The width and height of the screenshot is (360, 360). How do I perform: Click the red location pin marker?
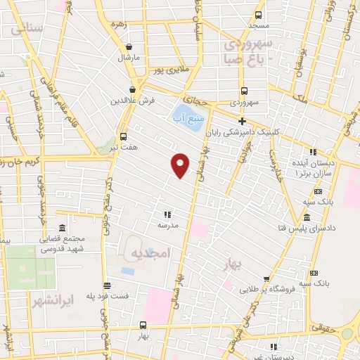pyautogui.click(x=181, y=165)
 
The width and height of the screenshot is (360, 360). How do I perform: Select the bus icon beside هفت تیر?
pyautogui.click(x=124, y=136)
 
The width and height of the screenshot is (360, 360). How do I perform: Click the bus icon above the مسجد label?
pyautogui.click(x=258, y=14)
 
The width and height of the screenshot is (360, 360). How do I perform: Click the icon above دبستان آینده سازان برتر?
pyautogui.click(x=314, y=152)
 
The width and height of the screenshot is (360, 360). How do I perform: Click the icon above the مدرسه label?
pyautogui.click(x=167, y=214)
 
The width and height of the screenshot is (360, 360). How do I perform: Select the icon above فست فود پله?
pyautogui.click(x=106, y=285)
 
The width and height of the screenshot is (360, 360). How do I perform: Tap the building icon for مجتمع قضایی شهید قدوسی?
pyautogui.click(x=62, y=229)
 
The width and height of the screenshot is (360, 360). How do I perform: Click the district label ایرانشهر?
pyautogui.click(x=52, y=300)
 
